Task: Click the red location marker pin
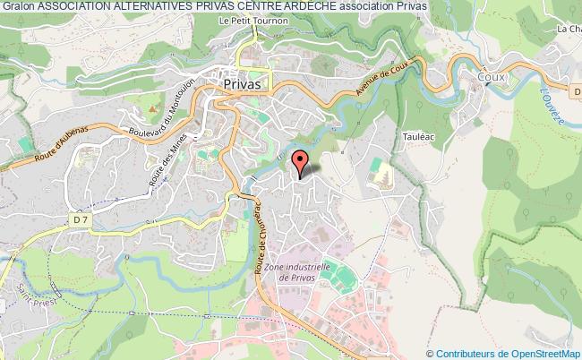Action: click(301, 162)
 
